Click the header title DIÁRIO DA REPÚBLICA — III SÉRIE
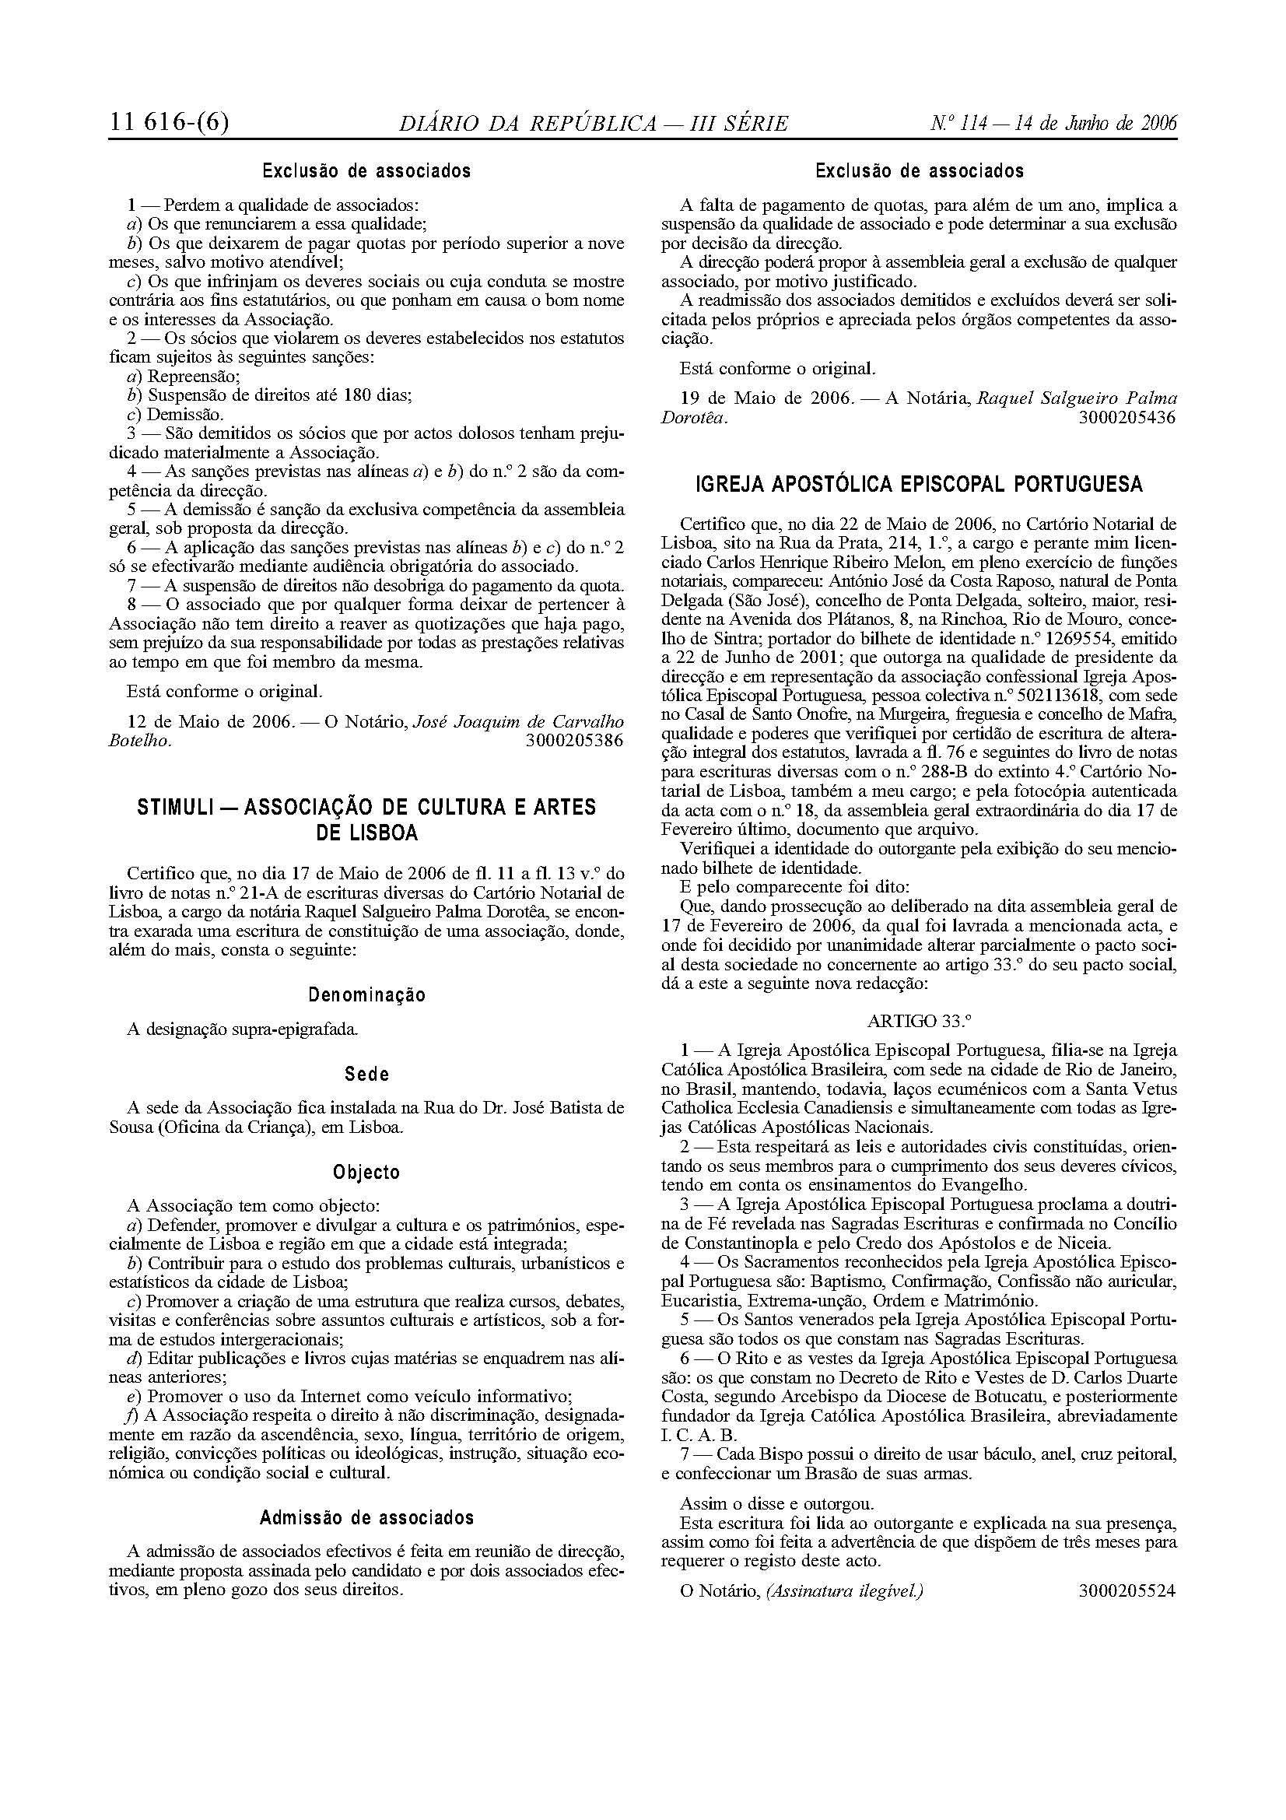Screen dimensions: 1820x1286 (594, 124)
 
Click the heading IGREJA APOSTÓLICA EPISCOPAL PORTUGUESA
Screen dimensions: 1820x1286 (919, 484)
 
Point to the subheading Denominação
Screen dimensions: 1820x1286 (367, 995)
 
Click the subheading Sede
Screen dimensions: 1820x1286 (367, 1075)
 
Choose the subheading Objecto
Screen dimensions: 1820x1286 (367, 1173)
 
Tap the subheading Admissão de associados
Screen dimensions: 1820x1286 (367, 1518)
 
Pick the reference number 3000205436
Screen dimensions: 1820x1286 (1127, 418)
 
